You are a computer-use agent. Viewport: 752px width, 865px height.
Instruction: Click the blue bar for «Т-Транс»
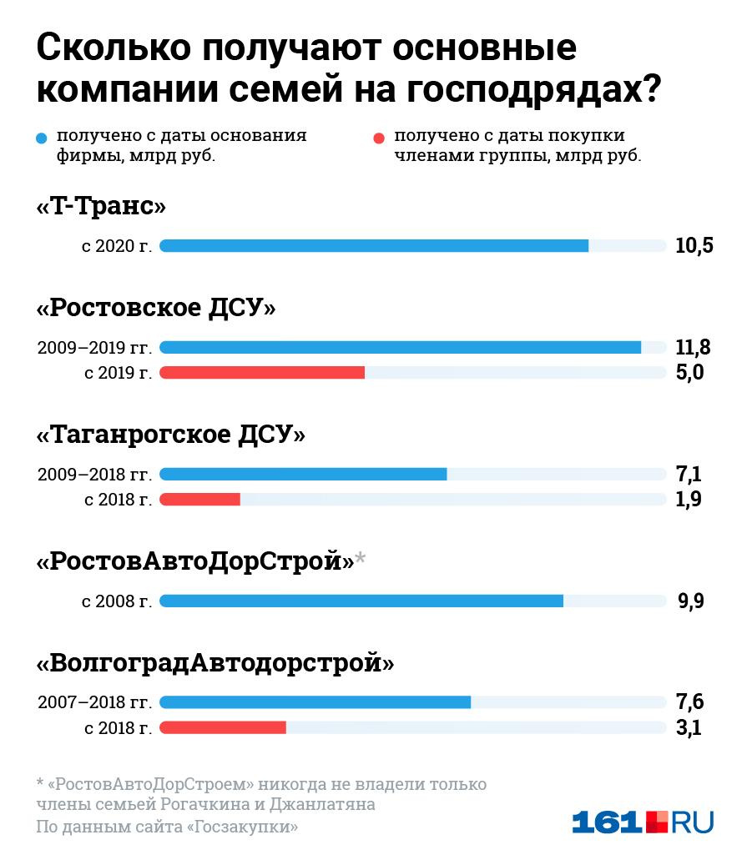[x=374, y=245]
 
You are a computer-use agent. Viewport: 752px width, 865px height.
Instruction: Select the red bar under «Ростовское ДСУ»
[x=262, y=372]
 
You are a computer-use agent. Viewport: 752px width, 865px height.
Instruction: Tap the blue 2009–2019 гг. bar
[x=400, y=347]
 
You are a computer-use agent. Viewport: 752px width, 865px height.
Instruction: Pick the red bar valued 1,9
[x=199, y=499]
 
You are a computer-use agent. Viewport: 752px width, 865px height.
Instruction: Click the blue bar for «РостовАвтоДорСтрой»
[x=361, y=601]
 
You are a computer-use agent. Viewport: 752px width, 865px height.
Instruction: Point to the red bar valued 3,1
[x=223, y=727]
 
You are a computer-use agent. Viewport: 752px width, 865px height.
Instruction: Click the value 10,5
[x=694, y=246]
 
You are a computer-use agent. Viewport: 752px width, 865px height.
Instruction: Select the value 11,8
[x=693, y=347]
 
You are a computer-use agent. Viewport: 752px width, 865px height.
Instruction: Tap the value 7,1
[x=689, y=475]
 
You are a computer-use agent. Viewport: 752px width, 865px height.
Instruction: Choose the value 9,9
[x=691, y=601]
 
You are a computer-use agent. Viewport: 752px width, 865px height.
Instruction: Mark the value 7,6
[x=689, y=702]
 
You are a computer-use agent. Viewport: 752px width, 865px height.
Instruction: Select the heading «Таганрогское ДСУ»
[x=171, y=435]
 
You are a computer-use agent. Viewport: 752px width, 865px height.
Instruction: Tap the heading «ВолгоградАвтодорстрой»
[x=215, y=663]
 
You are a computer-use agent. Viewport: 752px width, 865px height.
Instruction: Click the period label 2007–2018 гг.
[x=94, y=702]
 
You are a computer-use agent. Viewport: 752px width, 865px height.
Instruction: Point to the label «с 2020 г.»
[x=117, y=246]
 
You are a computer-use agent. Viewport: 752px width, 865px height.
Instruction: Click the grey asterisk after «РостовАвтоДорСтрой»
[x=361, y=557]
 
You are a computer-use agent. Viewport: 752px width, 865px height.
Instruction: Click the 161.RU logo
[x=642, y=822]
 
